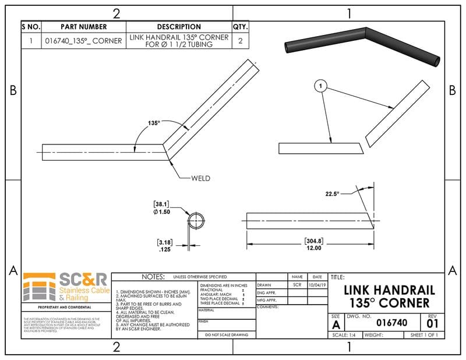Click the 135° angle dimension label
pos(154,123)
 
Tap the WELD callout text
pos(200,178)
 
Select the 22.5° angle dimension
pos(331,193)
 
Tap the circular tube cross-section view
pos(196,222)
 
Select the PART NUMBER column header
pos(84,27)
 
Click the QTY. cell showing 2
pos(240,41)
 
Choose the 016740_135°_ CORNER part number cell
pos(84,41)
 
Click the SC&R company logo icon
pos(40,287)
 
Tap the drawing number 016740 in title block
pos(391,322)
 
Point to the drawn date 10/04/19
pos(317,285)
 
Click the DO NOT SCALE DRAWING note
pos(226,335)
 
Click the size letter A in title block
pos(336,324)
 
